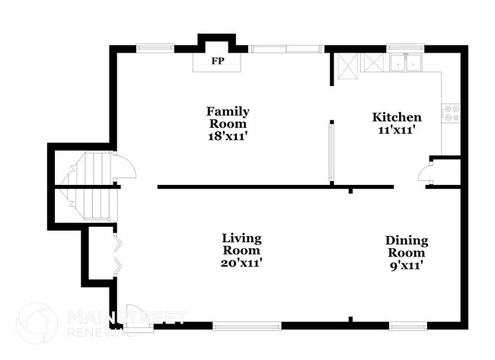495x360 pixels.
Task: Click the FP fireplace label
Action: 218,61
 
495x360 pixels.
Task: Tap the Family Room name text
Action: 228,117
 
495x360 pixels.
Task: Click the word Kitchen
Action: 396,117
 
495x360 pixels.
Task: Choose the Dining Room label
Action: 406,246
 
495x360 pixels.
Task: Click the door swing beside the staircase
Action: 123,166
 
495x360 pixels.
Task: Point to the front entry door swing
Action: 137,316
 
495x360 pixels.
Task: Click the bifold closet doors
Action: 116,254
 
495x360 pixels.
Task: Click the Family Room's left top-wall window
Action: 155,49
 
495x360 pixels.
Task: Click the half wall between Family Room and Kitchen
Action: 330,152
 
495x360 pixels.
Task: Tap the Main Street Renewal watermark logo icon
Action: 37,323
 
